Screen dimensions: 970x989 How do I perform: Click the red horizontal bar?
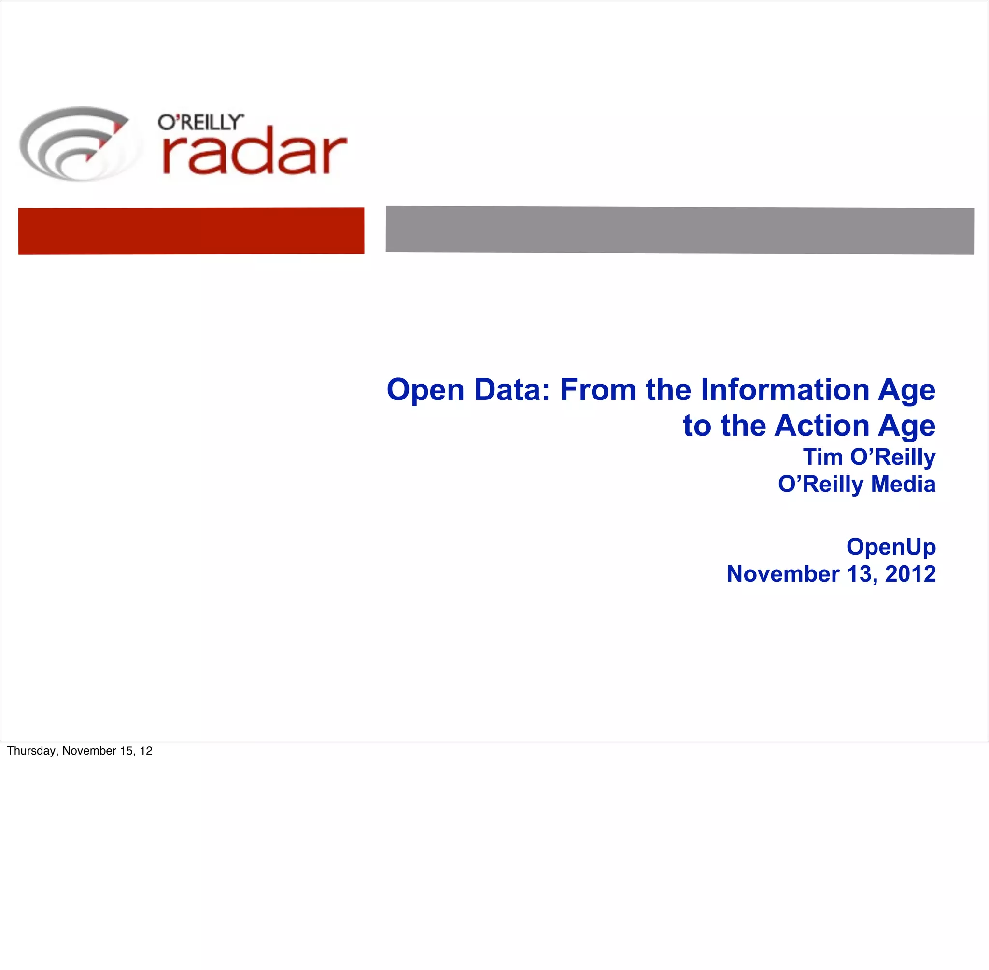pos(191,230)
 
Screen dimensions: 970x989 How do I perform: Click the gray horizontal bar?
pos(679,230)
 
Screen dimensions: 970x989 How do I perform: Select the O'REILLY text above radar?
pos(200,122)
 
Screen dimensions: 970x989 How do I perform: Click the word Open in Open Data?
pos(425,390)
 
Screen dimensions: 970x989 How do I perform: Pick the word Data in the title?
pos(512,390)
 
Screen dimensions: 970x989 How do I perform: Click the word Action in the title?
pos(821,426)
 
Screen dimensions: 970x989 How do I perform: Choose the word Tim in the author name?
pos(822,457)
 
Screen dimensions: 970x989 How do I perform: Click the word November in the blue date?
pos(783,574)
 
